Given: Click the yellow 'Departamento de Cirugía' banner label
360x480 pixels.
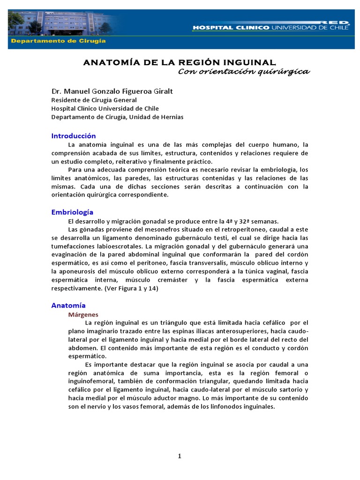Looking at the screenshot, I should [x=59, y=41].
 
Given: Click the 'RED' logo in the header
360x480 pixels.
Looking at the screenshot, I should [x=335, y=22].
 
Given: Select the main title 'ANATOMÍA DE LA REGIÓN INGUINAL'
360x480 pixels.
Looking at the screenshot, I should [x=180, y=62].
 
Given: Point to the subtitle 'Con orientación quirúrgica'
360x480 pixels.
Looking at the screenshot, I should [x=244, y=71].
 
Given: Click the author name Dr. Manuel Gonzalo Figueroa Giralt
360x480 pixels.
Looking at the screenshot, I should [x=112, y=91].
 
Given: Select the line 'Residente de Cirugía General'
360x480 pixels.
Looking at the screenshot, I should [x=94, y=100].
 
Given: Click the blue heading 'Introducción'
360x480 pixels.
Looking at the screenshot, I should [x=73, y=136].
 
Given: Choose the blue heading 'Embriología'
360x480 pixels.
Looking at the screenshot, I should [x=72, y=212].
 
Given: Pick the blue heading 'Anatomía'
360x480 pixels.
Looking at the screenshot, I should [x=68, y=306].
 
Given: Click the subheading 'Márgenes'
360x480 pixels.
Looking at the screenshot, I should [x=83, y=314].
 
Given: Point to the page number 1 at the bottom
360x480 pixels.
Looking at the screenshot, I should [x=180, y=457].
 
